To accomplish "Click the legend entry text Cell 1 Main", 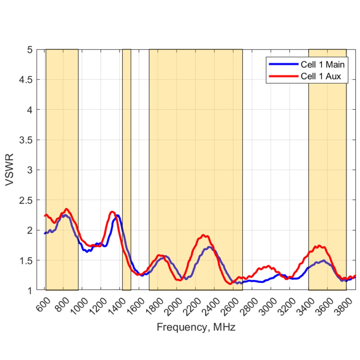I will pos(322,64).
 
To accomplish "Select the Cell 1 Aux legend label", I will pos(321,76).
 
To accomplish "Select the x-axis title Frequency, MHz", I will pos(196,327).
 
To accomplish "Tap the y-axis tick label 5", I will pos(30,50).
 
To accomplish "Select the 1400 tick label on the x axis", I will pos(118,306).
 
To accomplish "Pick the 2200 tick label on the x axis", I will pos(193,306).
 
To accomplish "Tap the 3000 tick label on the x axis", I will pos(269,306).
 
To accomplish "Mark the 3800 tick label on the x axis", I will pos(344,306).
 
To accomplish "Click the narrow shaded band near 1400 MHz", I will pos(127,164).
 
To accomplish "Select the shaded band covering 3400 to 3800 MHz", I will pos(327,164).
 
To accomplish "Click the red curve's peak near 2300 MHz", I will pos(204,235).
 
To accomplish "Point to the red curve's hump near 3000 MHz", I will pos(268,266).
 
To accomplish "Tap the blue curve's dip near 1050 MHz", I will pos(87,251).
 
